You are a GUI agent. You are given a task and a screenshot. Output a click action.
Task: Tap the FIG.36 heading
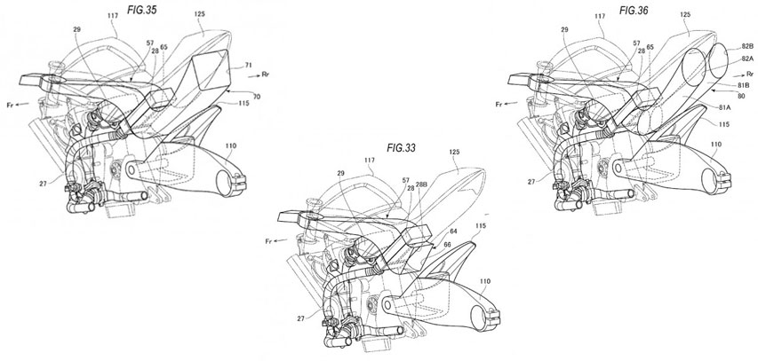click(634, 10)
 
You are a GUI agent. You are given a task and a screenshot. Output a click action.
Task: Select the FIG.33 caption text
click(402, 147)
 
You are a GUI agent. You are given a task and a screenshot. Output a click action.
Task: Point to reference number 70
click(257, 97)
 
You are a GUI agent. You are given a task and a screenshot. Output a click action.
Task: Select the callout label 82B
click(747, 46)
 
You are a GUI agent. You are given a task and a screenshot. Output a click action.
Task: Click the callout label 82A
click(746, 58)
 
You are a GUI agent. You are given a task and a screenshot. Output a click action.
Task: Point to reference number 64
click(454, 232)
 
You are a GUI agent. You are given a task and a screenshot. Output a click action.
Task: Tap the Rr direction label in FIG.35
click(265, 75)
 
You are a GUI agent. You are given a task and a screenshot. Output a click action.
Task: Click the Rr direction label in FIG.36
click(750, 74)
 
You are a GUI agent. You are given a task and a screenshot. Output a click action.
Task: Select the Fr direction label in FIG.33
click(268, 241)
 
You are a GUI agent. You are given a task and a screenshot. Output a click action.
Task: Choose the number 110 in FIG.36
click(715, 144)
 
